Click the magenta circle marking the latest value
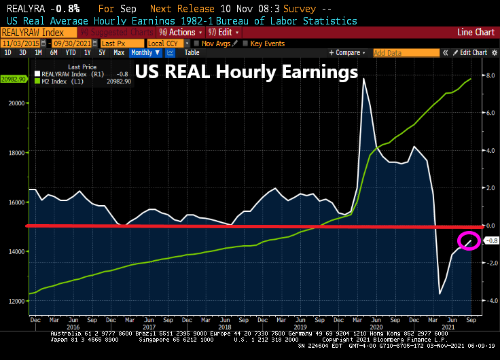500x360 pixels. point(469,240)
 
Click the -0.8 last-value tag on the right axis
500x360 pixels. point(493,240)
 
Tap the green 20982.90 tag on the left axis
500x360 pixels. point(14,79)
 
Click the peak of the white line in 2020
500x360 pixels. point(364,79)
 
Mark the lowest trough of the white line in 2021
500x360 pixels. point(440,293)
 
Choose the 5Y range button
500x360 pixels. point(102,52)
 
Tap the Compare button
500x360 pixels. point(346,52)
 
